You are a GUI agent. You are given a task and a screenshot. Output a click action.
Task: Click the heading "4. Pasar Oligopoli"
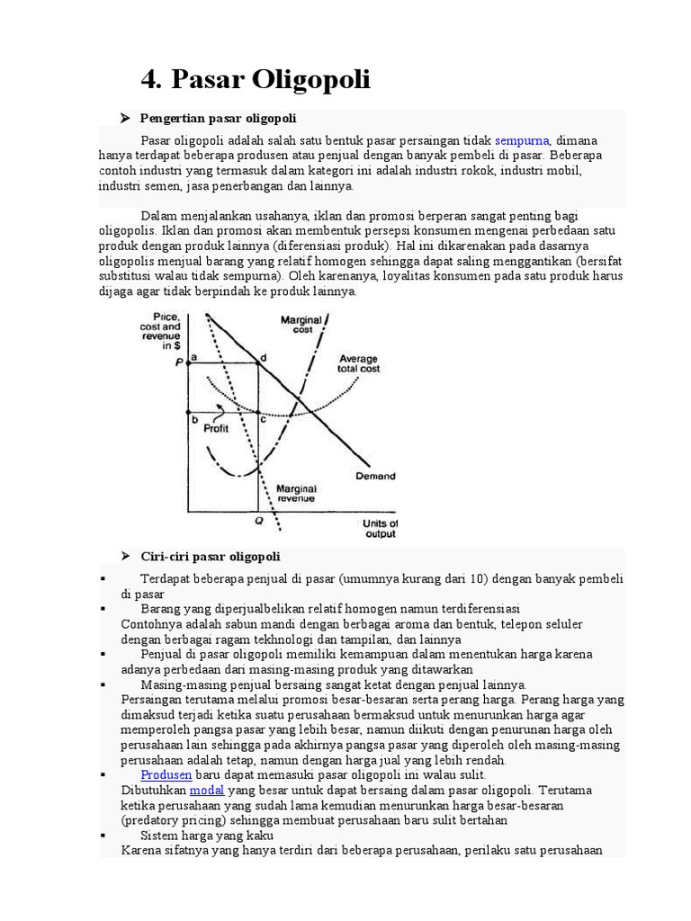tap(256, 80)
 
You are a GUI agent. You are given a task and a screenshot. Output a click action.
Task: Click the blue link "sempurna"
tap(522, 141)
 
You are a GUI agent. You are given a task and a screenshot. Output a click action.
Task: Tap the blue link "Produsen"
tap(166, 774)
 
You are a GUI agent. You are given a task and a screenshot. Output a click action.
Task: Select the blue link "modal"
tap(206, 790)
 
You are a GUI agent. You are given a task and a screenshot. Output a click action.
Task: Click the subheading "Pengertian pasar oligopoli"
tap(219, 119)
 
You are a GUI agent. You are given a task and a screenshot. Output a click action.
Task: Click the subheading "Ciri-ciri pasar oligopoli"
tap(211, 556)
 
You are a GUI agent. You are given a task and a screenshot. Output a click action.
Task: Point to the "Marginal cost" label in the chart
tap(296, 325)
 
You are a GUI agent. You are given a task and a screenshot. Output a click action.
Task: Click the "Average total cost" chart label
tap(358, 363)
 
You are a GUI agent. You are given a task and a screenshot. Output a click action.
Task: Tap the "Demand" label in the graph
tap(375, 476)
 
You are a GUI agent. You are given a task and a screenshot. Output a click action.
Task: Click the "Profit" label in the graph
tap(216, 428)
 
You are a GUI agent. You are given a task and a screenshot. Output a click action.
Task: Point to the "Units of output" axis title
tap(380, 528)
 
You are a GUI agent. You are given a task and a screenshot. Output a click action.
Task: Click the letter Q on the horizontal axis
tap(259, 521)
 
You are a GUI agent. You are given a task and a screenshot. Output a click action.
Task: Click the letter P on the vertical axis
tap(179, 361)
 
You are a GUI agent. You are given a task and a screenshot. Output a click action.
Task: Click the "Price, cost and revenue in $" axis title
tap(166, 330)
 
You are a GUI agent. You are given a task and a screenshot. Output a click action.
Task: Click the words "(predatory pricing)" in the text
tap(166, 820)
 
